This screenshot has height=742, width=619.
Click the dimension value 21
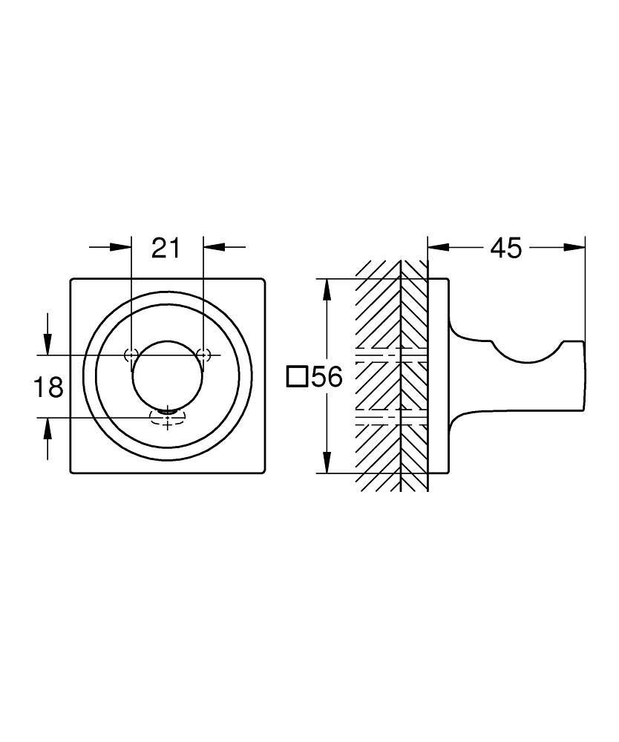[166, 248]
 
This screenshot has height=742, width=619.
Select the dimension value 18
[49, 386]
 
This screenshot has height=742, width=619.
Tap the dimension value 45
[506, 248]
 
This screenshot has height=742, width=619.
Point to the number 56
[327, 378]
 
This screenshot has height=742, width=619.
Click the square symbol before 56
[297, 378]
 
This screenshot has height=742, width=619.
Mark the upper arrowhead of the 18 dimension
[48, 344]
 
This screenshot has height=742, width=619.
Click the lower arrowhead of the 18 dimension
[48, 428]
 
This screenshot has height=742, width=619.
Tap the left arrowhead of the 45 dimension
[438, 248]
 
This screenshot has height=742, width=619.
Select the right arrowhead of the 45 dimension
[575, 248]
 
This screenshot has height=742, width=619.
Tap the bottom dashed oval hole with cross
[168, 418]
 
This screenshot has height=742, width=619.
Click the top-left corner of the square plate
[72, 280]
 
